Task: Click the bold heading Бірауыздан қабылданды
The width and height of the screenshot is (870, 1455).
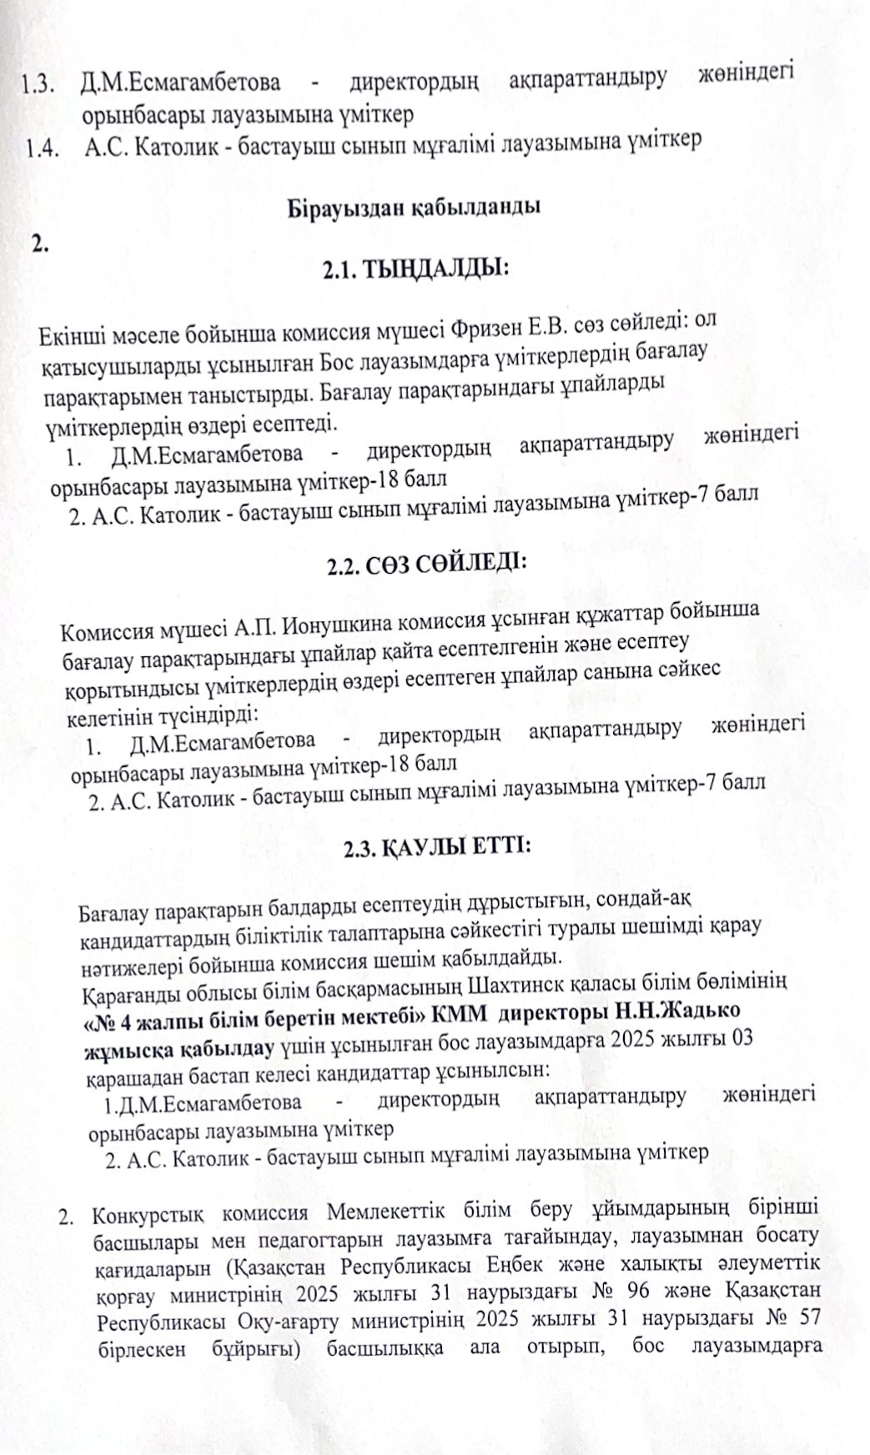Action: coord(414,207)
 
